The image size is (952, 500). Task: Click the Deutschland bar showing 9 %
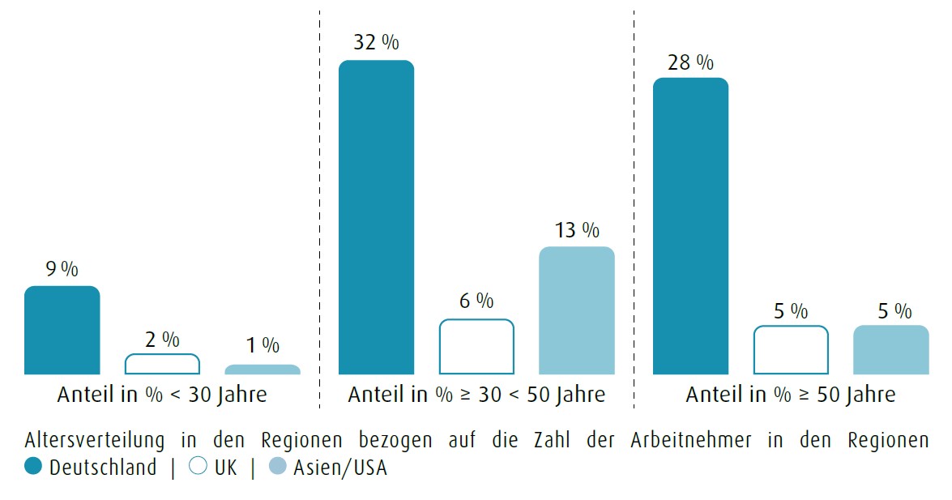coord(62,331)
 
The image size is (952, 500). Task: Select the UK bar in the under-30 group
coord(162,364)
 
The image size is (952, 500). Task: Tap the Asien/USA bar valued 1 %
coord(263,370)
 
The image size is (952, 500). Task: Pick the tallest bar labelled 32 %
coord(376,217)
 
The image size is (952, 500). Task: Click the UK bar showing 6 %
coord(476,347)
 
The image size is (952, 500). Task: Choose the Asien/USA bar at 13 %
coord(577,310)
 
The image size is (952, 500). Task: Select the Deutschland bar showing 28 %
coord(690,226)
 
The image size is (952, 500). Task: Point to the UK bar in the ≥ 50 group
coord(791,350)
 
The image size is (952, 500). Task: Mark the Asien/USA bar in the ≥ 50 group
coord(891,350)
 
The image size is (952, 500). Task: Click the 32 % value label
coord(376,42)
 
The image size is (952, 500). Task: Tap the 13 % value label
coord(577,230)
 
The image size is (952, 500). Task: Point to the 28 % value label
coord(690,62)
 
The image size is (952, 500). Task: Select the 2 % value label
coord(162,340)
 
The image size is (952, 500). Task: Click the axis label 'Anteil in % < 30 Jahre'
coord(162,395)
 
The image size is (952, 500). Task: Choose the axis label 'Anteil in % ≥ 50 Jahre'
coord(791,395)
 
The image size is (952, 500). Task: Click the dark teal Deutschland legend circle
coord(33,468)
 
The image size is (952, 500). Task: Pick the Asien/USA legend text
coord(339,468)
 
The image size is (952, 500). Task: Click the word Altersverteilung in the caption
coord(95,441)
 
